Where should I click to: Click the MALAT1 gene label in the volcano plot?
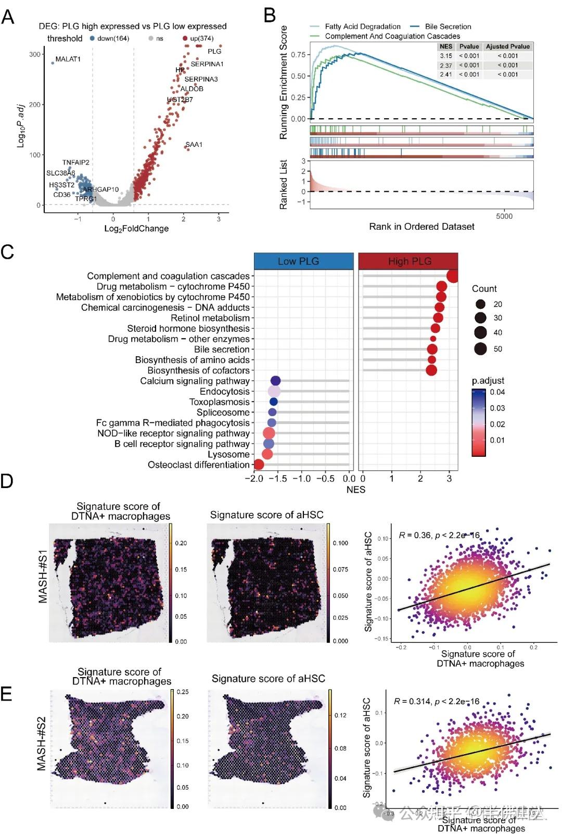(68, 59)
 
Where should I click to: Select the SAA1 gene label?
(194, 144)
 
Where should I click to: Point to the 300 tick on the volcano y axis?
(35, 54)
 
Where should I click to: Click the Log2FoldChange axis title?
(136, 228)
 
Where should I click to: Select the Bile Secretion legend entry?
(448, 27)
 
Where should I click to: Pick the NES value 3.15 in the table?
(446, 56)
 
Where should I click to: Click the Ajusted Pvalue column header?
(507, 46)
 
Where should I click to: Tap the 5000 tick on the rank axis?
(504, 216)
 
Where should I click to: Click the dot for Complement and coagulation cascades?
(452, 276)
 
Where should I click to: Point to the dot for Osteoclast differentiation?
(258, 464)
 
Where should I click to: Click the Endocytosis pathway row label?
(224, 391)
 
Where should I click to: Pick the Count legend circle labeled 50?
(480, 348)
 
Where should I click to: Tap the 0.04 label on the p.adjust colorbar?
(497, 392)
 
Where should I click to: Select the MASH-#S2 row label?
(42, 743)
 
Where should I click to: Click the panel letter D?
(7, 480)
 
